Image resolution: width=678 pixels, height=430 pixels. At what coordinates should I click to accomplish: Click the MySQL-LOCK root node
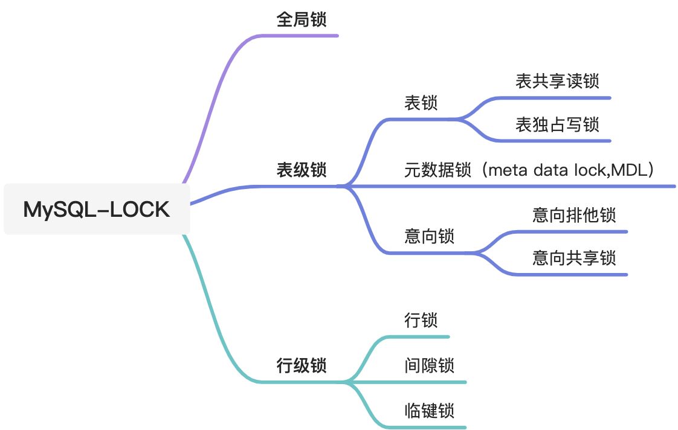tap(97, 210)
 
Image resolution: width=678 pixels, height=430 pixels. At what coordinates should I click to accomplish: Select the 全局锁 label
tap(302, 20)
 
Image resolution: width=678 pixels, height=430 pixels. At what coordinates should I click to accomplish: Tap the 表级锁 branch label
tap(302, 170)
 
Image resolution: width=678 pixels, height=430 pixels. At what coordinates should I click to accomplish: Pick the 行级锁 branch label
tap(302, 365)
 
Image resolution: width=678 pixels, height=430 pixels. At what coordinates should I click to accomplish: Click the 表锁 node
tap(421, 103)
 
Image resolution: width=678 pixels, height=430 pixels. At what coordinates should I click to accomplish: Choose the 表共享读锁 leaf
tap(557, 81)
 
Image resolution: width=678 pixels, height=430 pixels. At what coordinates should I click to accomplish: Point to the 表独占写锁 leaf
tap(557, 125)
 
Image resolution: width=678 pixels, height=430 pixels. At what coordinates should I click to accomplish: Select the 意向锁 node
tap(429, 237)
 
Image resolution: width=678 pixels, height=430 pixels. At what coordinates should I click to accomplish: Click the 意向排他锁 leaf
tap(574, 215)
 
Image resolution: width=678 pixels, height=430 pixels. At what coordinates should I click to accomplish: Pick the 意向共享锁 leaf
tap(574, 258)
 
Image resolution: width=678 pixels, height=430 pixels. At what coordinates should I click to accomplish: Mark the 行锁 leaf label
tap(421, 320)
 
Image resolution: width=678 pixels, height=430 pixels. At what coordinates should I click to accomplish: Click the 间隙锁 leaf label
tap(429, 365)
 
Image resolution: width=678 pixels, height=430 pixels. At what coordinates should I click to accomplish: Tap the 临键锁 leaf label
tap(429, 411)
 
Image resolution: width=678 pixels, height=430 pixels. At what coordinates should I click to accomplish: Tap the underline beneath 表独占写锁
tap(556, 141)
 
